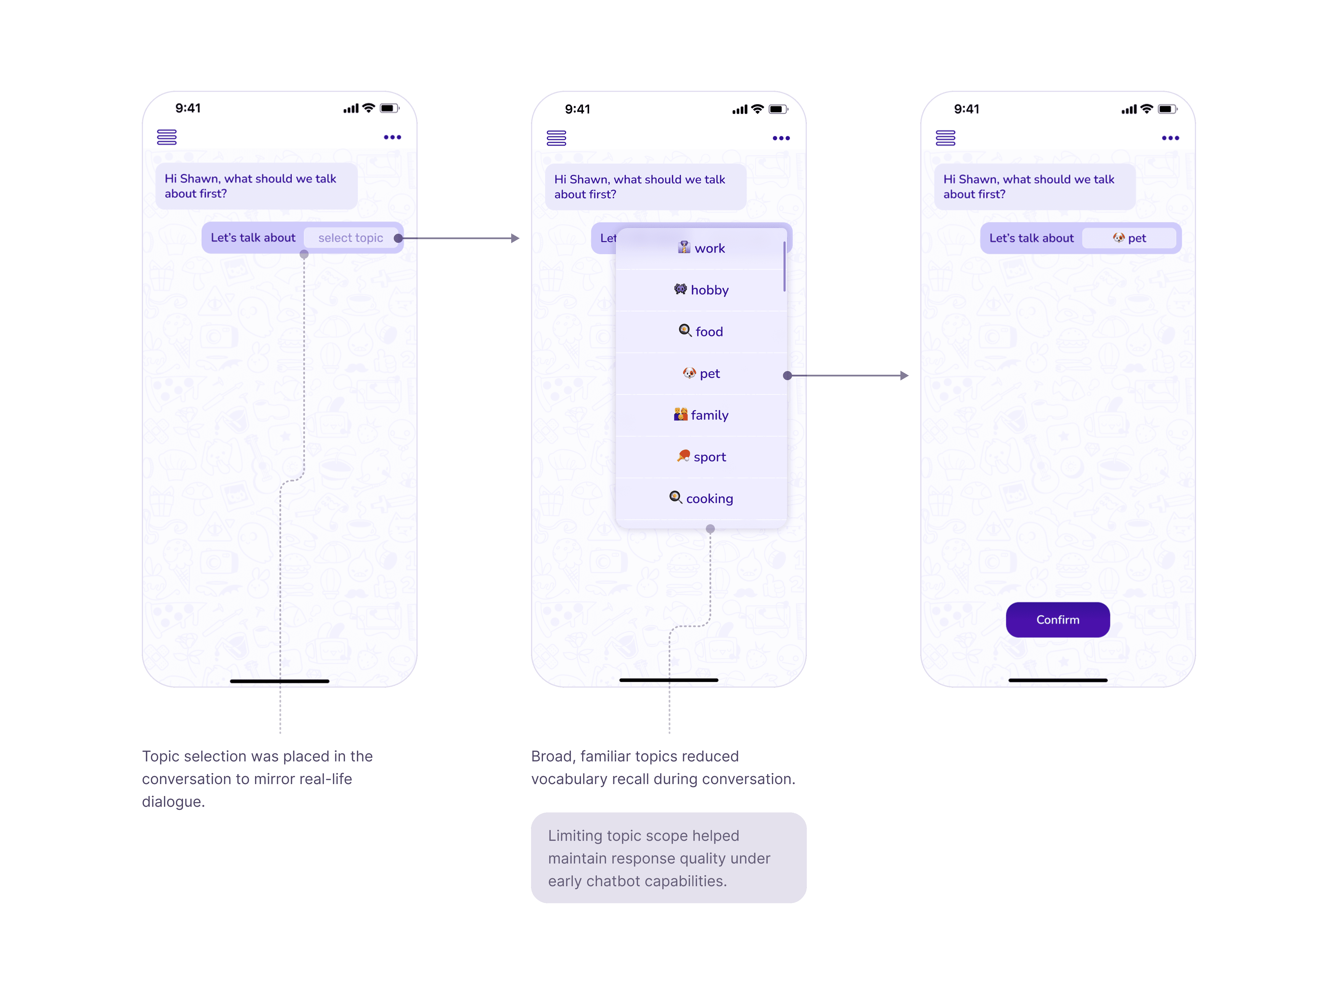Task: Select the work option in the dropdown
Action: click(x=702, y=248)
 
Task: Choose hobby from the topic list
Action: click(x=702, y=290)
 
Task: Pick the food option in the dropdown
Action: click(x=702, y=332)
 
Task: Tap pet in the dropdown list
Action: click(x=702, y=374)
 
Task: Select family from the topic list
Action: click(x=702, y=415)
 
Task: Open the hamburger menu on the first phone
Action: click(x=167, y=137)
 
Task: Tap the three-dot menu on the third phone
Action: click(x=1170, y=138)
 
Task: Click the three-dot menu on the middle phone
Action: click(x=781, y=138)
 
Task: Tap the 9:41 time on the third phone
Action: click(x=967, y=109)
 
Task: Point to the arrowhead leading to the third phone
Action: click(x=904, y=376)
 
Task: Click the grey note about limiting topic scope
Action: click(x=668, y=858)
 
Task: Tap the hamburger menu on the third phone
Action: click(x=946, y=138)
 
